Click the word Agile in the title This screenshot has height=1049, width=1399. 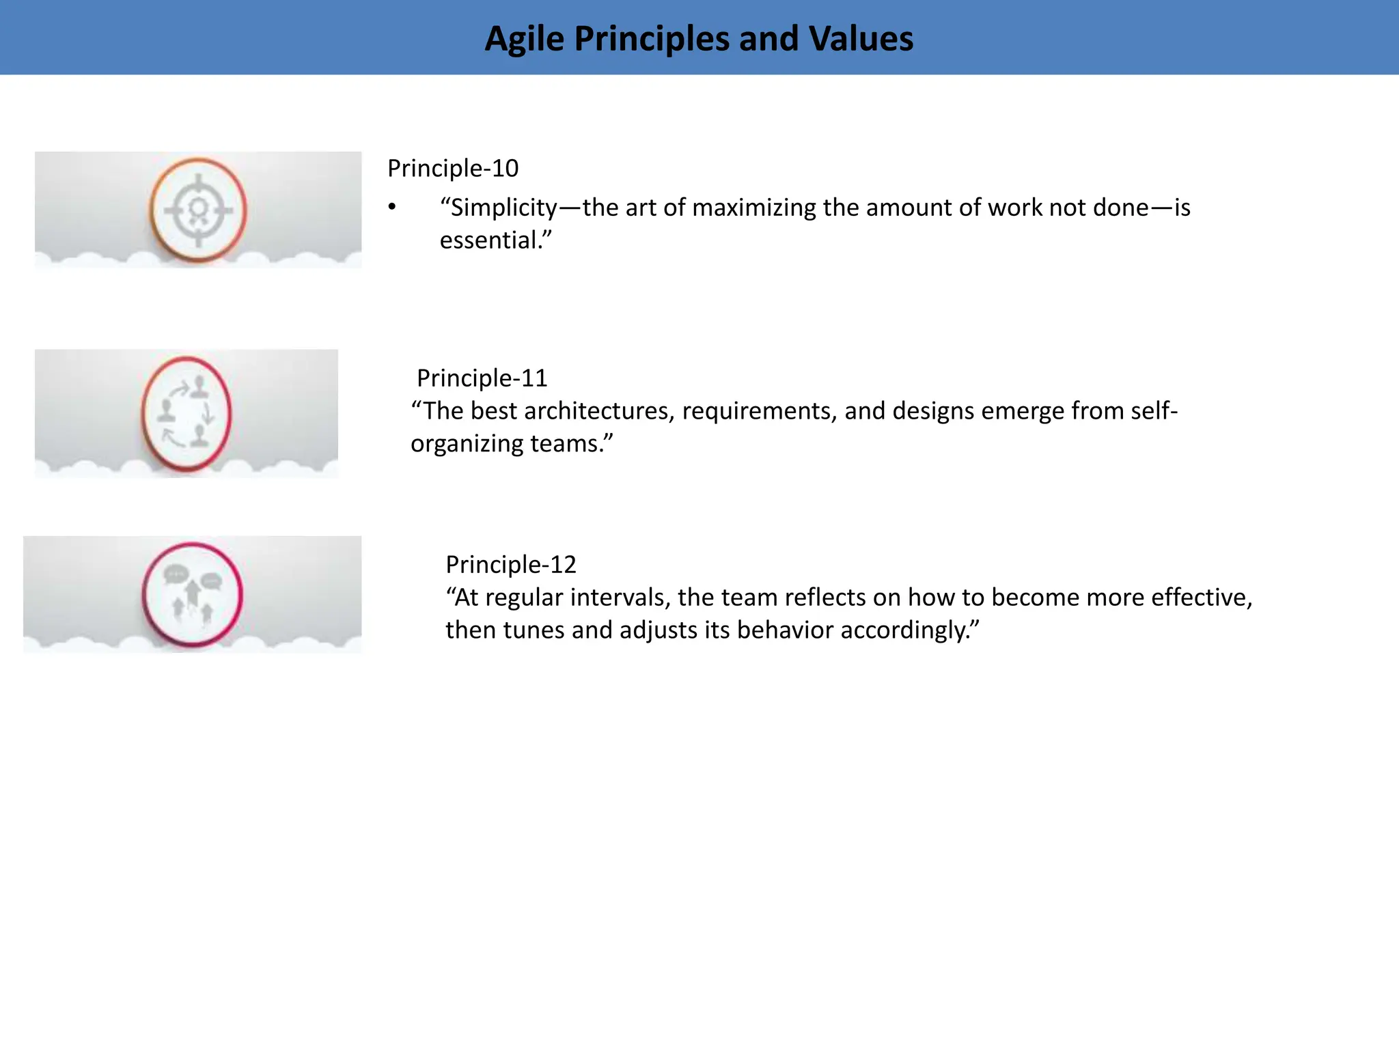[524, 39]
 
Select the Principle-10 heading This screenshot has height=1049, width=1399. [453, 168]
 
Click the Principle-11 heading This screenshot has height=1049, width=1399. [482, 378]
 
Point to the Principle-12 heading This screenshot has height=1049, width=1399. [511, 564]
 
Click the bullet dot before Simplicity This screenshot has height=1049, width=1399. [392, 207]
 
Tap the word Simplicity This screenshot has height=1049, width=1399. [503, 208]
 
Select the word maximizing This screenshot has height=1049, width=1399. [754, 208]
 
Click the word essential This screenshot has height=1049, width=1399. [489, 240]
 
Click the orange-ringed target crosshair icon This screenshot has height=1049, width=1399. [198, 210]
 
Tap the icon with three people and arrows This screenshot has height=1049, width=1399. [186, 414]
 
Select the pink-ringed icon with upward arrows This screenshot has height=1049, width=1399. [193, 594]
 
